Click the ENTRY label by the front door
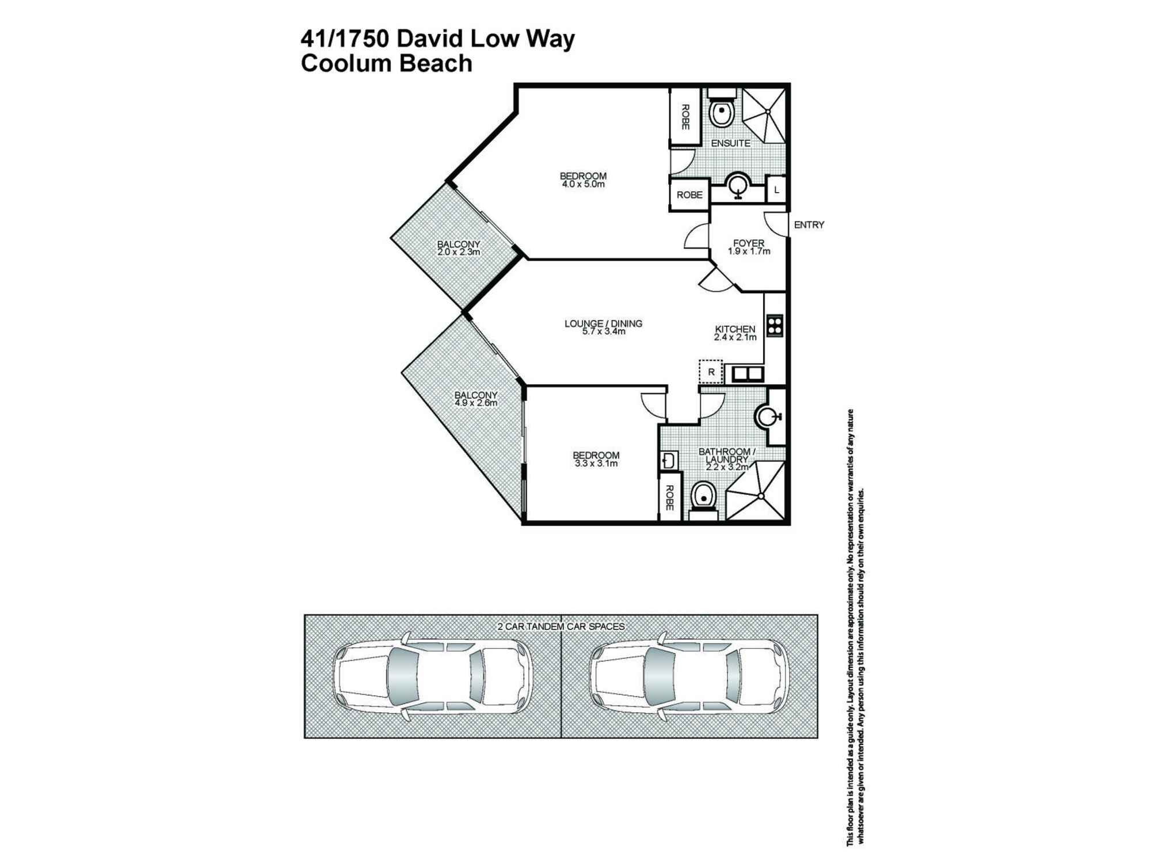click(x=809, y=225)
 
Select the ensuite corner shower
click(x=763, y=114)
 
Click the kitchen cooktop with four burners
click(x=775, y=326)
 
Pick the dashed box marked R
click(x=711, y=372)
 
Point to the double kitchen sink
click(x=747, y=375)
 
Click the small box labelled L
click(x=776, y=190)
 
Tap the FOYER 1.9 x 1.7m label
click(x=748, y=247)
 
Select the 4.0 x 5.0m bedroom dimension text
click(x=583, y=185)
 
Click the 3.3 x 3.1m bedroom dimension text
click(x=596, y=464)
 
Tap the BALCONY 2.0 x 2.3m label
click(x=458, y=248)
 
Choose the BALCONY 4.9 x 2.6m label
click(x=475, y=399)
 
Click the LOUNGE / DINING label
click(x=603, y=324)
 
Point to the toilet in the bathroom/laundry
click(x=703, y=497)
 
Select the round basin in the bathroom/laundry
click(x=767, y=417)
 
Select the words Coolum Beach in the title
click(x=386, y=63)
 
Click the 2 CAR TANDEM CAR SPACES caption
click(x=561, y=627)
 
